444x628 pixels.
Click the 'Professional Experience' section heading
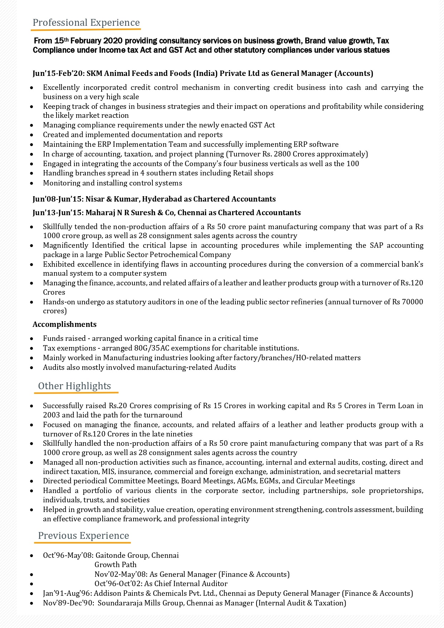(86, 23)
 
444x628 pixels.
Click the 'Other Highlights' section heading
(74, 386)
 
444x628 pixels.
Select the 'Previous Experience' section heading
(83, 536)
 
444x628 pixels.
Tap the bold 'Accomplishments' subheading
(64, 324)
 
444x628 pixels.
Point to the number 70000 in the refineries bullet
(413, 302)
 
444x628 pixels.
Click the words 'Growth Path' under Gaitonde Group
(115, 565)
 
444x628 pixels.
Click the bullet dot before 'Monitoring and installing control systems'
(32, 183)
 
